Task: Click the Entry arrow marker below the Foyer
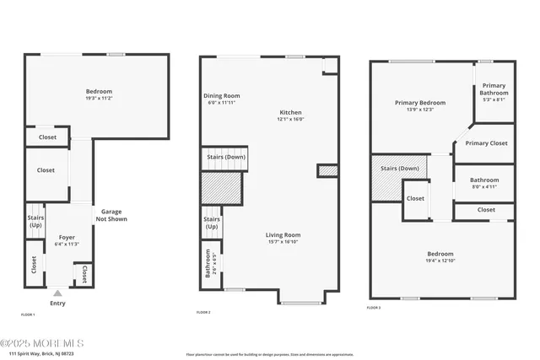57,293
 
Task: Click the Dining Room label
222,99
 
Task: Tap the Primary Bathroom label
494,89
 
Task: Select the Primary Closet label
487,143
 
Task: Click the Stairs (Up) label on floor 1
35,221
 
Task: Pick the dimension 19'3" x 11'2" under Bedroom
99,99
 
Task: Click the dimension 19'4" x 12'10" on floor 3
440,261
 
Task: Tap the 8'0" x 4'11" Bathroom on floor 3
484,183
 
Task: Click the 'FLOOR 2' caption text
203,313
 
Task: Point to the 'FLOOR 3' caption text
374,309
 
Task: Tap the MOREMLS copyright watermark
42,342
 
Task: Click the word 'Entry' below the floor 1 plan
57,303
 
